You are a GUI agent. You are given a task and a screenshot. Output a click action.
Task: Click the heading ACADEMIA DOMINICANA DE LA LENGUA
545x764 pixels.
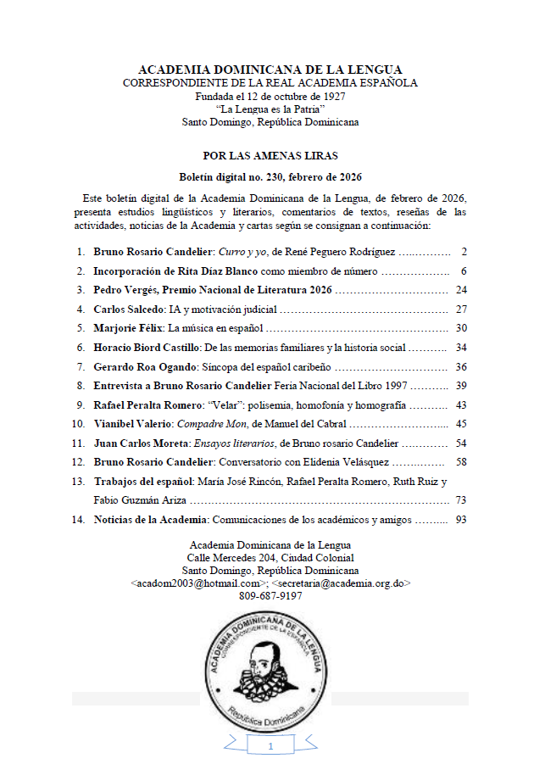[270, 70]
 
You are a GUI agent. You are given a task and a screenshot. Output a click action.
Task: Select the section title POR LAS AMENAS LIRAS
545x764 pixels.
[270, 156]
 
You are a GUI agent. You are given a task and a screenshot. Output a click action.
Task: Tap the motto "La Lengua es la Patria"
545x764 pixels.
[270, 109]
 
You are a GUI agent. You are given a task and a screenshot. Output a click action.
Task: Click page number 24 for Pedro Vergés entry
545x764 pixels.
[461, 290]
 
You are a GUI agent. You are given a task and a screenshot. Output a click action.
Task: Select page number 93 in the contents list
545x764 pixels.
[461, 519]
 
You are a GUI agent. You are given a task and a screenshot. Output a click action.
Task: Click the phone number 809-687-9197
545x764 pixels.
[270, 596]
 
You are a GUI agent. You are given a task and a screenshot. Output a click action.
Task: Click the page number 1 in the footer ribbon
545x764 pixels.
[270, 746]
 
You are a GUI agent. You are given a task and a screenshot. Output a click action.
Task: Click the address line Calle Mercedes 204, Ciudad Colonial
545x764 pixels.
[270, 558]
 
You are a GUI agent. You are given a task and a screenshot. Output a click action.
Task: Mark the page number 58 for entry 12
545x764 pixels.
[461, 461]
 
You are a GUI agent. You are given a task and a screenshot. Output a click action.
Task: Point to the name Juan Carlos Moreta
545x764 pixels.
[142, 443]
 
